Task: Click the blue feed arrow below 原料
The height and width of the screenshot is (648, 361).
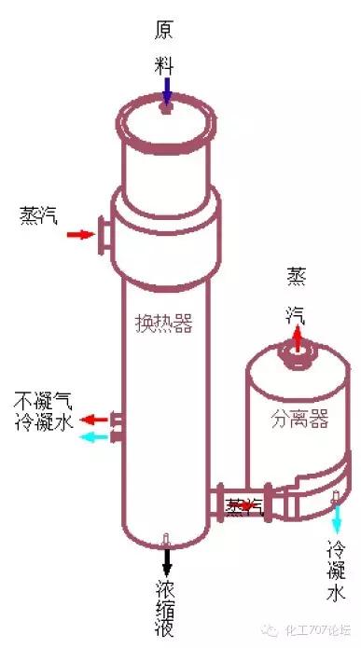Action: pyautogui.click(x=166, y=90)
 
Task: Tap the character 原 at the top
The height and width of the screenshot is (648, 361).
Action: pyautogui.click(x=165, y=29)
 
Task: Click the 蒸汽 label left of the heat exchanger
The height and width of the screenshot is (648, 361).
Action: pyautogui.click(x=38, y=215)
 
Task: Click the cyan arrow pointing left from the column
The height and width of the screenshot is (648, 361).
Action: pyautogui.click(x=94, y=436)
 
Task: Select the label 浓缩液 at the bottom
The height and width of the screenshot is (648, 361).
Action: pyautogui.click(x=167, y=607)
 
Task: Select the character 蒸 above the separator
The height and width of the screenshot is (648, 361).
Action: pyautogui.click(x=297, y=277)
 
